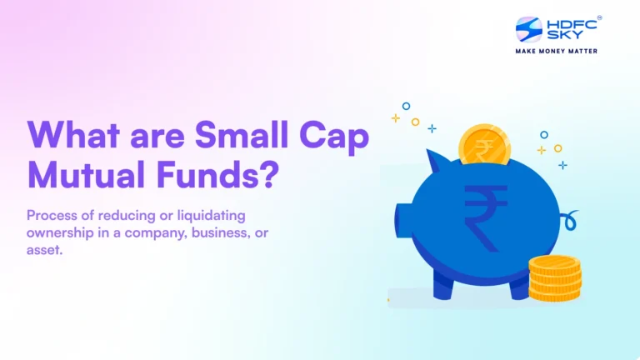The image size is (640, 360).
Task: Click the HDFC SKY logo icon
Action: click(x=529, y=31)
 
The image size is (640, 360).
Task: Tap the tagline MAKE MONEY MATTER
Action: click(x=557, y=51)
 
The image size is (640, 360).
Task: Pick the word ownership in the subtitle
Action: click(x=59, y=232)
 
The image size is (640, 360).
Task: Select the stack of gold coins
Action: click(x=554, y=277)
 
